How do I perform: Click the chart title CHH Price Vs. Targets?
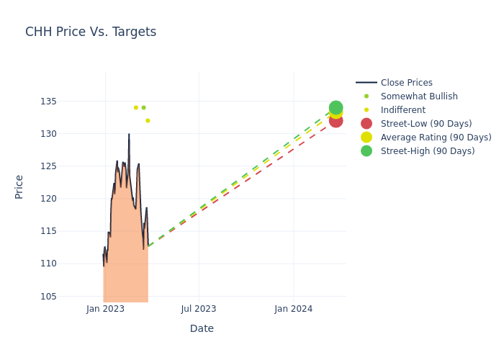[x=91, y=32]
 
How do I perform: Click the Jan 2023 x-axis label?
[x=105, y=309]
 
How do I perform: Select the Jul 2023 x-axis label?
[x=199, y=309]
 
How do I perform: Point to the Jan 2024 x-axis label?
[x=294, y=309]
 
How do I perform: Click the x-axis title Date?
[x=202, y=328]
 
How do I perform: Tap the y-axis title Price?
[x=19, y=186]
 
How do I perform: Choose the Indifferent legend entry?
[x=402, y=110]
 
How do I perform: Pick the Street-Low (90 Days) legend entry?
[x=426, y=124]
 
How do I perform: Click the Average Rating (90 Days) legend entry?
[x=436, y=138]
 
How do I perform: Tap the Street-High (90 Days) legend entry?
[x=428, y=151]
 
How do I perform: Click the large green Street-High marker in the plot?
[x=336, y=107]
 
